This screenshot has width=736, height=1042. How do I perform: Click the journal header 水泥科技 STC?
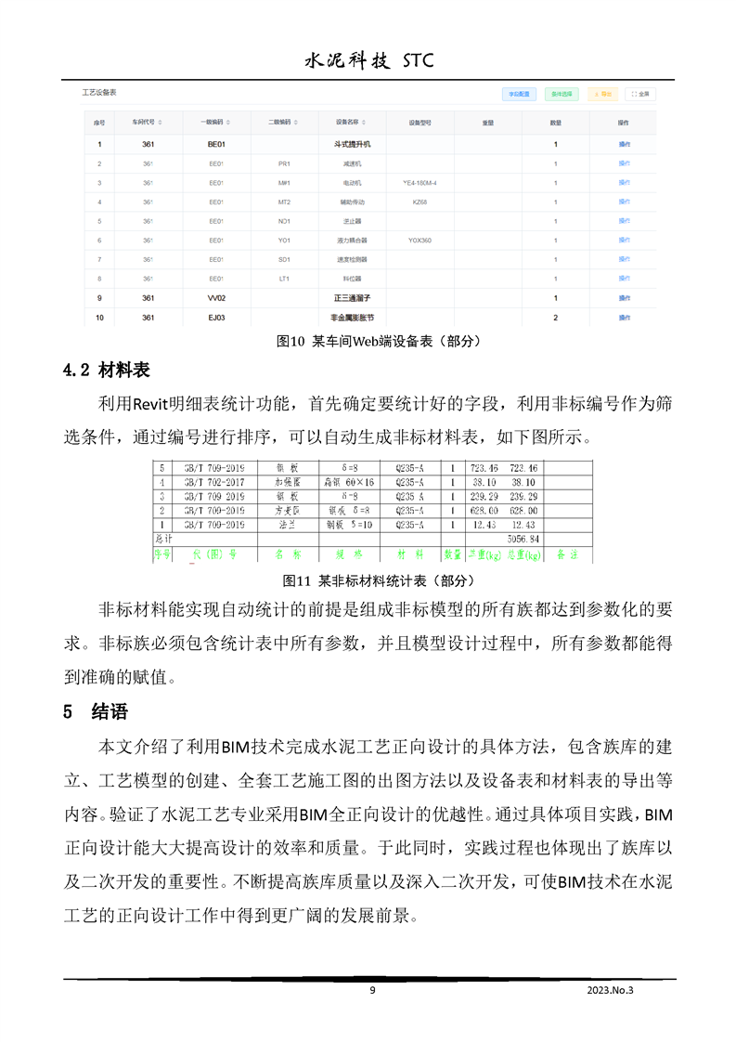368,61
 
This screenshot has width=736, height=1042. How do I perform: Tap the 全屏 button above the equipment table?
639,94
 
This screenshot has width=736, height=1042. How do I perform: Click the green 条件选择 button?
562,94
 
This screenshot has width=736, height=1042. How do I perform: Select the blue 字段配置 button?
518,94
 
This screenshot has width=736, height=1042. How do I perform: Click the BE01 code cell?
216,144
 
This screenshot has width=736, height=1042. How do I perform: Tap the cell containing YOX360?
420,241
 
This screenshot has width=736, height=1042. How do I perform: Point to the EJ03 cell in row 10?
216,318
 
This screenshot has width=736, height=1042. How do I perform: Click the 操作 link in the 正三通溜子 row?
624,298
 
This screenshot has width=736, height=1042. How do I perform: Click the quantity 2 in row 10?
555,318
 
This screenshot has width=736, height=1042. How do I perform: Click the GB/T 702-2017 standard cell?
213,482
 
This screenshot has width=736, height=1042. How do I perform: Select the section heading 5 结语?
95,712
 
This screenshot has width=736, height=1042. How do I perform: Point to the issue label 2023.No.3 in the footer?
616,990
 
